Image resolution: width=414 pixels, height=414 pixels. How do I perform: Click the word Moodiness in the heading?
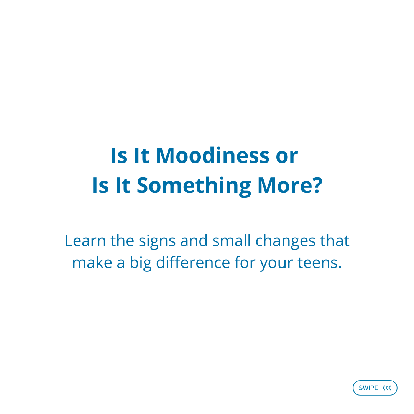(x=212, y=156)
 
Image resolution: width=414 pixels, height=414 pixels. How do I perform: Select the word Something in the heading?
(x=194, y=186)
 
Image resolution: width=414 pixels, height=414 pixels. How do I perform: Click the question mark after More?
(x=315, y=186)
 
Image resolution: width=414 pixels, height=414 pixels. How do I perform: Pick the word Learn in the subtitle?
(x=85, y=241)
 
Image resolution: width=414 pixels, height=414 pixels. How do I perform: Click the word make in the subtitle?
(x=91, y=263)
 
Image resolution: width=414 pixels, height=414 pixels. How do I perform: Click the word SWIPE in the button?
(x=368, y=388)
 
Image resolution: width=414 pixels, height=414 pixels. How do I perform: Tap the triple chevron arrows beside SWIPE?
(x=387, y=388)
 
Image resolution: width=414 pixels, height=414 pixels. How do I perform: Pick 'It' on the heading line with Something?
(x=123, y=186)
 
